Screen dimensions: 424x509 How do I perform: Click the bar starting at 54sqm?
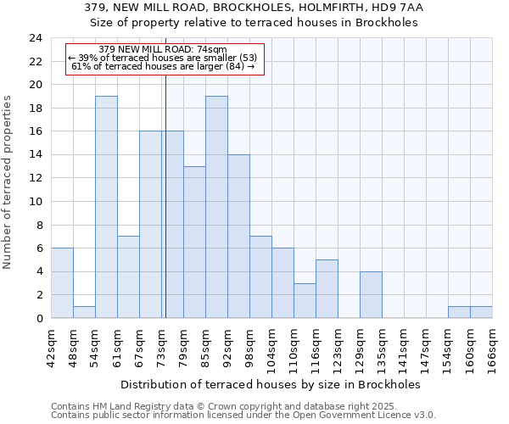[x=106, y=207]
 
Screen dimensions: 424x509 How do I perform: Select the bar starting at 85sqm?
[x=216, y=207]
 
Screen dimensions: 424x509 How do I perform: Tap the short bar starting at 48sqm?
[x=84, y=312]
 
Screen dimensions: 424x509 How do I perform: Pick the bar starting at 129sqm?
[x=371, y=294]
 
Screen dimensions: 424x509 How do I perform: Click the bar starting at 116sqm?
[x=327, y=288]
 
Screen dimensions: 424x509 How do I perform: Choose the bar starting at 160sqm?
[x=481, y=312]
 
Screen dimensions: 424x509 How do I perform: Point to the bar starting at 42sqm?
[x=62, y=283]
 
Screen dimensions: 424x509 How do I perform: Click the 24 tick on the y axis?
[x=35, y=38]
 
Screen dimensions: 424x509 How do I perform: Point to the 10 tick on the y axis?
[x=35, y=202]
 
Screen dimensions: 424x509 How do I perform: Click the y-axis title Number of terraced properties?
[x=8, y=182]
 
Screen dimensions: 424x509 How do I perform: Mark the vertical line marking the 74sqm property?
[x=165, y=212]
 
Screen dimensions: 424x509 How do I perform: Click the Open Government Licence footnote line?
[x=243, y=416]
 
